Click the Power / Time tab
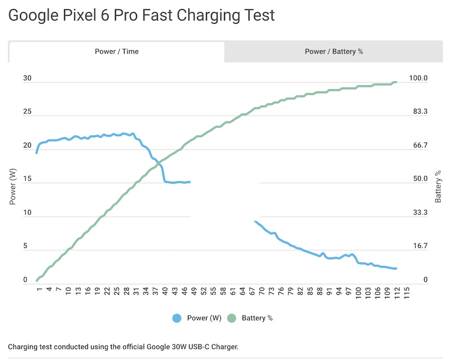pyautogui.click(x=116, y=51)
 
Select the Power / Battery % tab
pyautogui.click(x=333, y=51)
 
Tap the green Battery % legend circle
pyautogui.click(x=231, y=318)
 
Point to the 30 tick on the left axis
pyautogui.click(x=27, y=78)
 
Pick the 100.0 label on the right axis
pyautogui.click(x=418, y=78)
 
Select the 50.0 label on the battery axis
pyautogui.click(x=418, y=179)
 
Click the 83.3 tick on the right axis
pyautogui.click(x=418, y=112)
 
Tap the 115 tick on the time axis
pyautogui.click(x=406, y=292)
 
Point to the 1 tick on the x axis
pyautogui.click(x=37, y=290)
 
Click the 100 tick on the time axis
pyautogui.click(x=358, y=292)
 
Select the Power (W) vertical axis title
pyautogui.click(x=13, y=186)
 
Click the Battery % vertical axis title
pyautogui.click(x=438, y=186)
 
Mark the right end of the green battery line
pyautogui.click(x=396, y=82)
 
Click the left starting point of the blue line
pyautogui.click(x=36, y=152)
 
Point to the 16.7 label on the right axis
pyautogui.click(x=418, y=246)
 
